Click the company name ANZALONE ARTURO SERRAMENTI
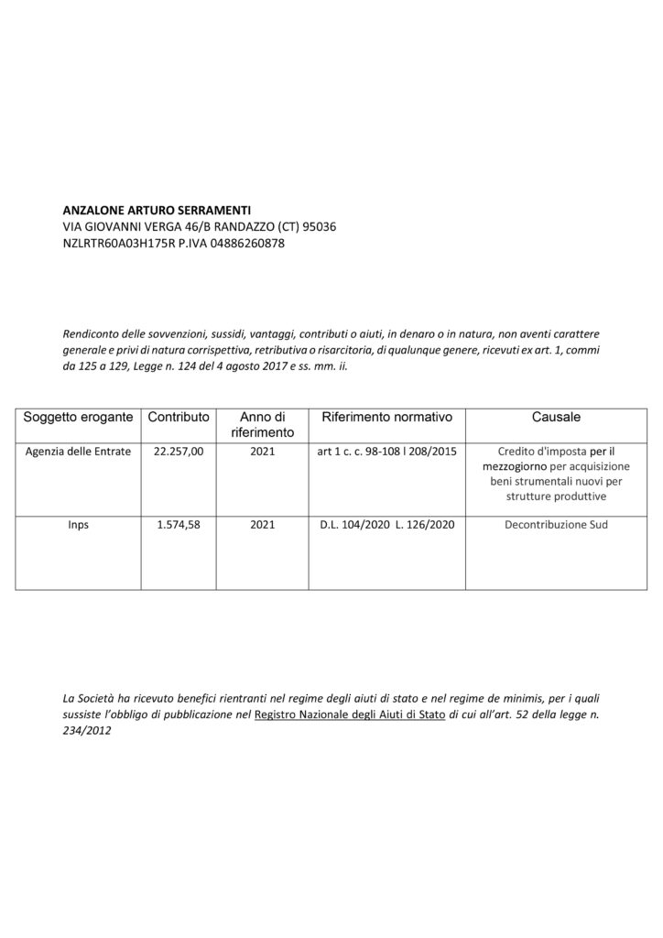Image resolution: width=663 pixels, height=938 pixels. tap(156, 209)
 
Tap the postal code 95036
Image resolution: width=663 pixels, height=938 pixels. tap(321, 226)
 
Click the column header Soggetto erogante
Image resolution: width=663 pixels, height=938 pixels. tap(79, 417)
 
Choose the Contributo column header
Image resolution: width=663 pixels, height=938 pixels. tap(179, 417)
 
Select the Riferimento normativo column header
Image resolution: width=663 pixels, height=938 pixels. tap(387, 417)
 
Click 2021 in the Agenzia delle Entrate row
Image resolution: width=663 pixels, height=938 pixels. tap(263, 453)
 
